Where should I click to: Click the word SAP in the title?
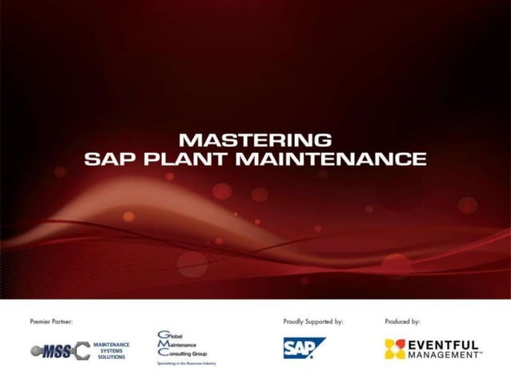[110, 159]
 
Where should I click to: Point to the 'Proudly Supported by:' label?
[313, 321]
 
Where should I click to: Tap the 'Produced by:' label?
[403, 321]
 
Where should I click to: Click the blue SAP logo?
[304, 348]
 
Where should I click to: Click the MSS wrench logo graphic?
[60, 350]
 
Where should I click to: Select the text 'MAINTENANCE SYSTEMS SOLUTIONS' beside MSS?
[111, 350]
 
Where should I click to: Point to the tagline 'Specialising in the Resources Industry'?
[186, 363]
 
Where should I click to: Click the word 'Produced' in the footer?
[398, 321]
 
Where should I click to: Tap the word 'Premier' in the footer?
[39, 321]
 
